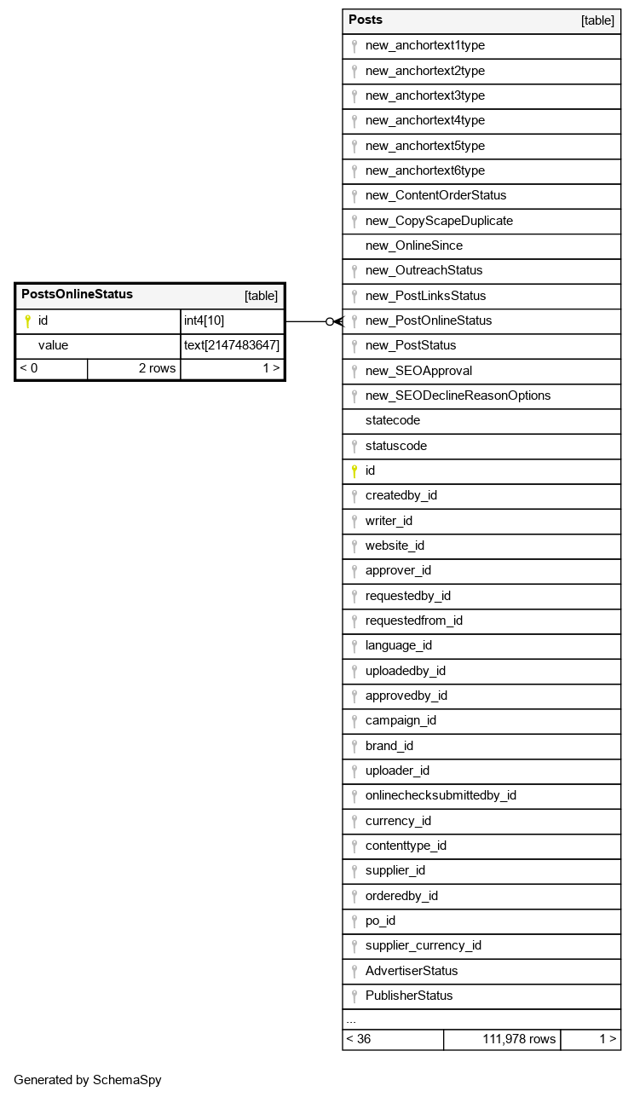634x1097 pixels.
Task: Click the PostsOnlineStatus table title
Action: [x=77, y=295]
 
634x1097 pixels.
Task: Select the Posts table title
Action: [x=366, y=20]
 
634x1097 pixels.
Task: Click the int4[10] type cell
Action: [x=205, y=320]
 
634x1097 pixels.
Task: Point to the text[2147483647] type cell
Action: [x=232, y=345]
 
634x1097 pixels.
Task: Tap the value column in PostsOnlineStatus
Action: [x=53, y=345]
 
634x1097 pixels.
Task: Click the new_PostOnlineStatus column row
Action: [x=429, y=320]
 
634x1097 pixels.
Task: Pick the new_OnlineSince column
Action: [x=414, y=245]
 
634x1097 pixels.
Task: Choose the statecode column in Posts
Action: [x=393, y=420]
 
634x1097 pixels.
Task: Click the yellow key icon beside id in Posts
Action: [x=354, y=471]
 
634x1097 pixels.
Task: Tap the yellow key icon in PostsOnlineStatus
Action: [x=27, y=320]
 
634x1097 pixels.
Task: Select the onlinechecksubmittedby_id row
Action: [x=441, y=795]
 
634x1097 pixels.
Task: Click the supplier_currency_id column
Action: [x=424, y=945]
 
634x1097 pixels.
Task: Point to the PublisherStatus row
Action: [x=409, y=996]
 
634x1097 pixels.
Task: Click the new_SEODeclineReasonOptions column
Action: [x=458, y=395]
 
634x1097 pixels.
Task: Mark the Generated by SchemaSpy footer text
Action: [x=87, y=1080]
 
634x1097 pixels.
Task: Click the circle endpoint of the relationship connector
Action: [x=330, y=321]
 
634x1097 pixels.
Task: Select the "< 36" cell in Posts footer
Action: [x=359, y=1039]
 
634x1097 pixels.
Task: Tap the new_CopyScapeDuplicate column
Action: [x=439, y=221]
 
